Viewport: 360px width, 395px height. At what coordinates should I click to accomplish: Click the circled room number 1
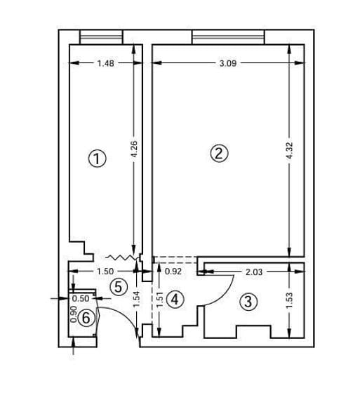(x=97, y=159)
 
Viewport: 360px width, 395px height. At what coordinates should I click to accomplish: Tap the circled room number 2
(x=219, y=153)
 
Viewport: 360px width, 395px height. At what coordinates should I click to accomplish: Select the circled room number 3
(x=248, y=301)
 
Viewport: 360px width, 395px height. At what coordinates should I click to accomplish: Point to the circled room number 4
(x=175, y=300)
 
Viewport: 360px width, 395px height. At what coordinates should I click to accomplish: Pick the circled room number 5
(x=119, y=287)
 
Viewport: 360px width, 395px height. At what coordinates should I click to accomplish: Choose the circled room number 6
(x=86, y=318)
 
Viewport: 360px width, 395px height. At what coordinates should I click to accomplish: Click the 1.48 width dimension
(x=106, y=63)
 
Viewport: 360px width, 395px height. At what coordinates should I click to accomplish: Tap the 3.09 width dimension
(x=228, y=63)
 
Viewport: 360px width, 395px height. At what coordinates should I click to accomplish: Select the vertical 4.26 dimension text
(x=134, y=149)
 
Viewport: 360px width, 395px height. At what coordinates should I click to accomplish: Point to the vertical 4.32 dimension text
(x=290, y=151)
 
